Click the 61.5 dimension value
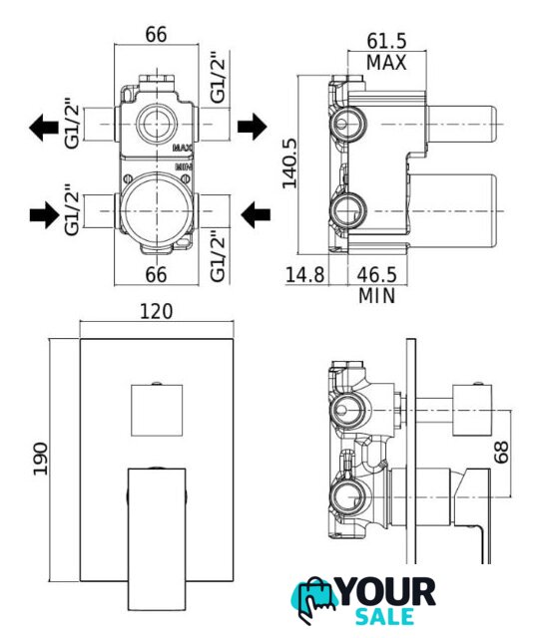386,41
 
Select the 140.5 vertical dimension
290,163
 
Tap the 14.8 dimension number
304,275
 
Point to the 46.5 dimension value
376,275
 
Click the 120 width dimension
157,312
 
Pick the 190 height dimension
40,459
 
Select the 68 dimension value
501,452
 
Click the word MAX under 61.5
386,63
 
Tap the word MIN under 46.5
377,296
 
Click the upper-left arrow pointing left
44,128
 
